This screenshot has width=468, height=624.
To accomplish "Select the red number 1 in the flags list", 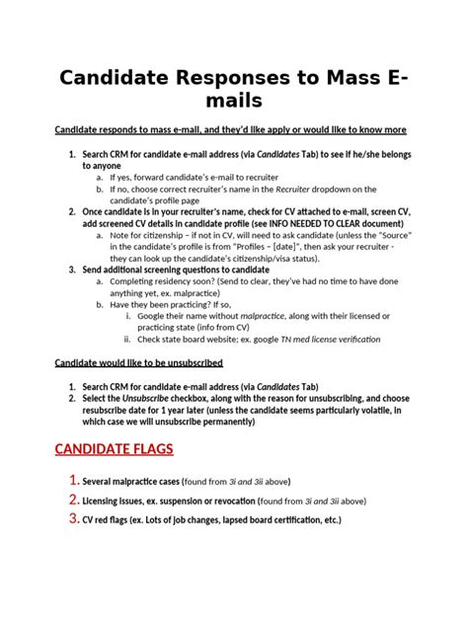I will (72, 481).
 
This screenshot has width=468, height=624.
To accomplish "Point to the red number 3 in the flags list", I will (72, 519).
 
